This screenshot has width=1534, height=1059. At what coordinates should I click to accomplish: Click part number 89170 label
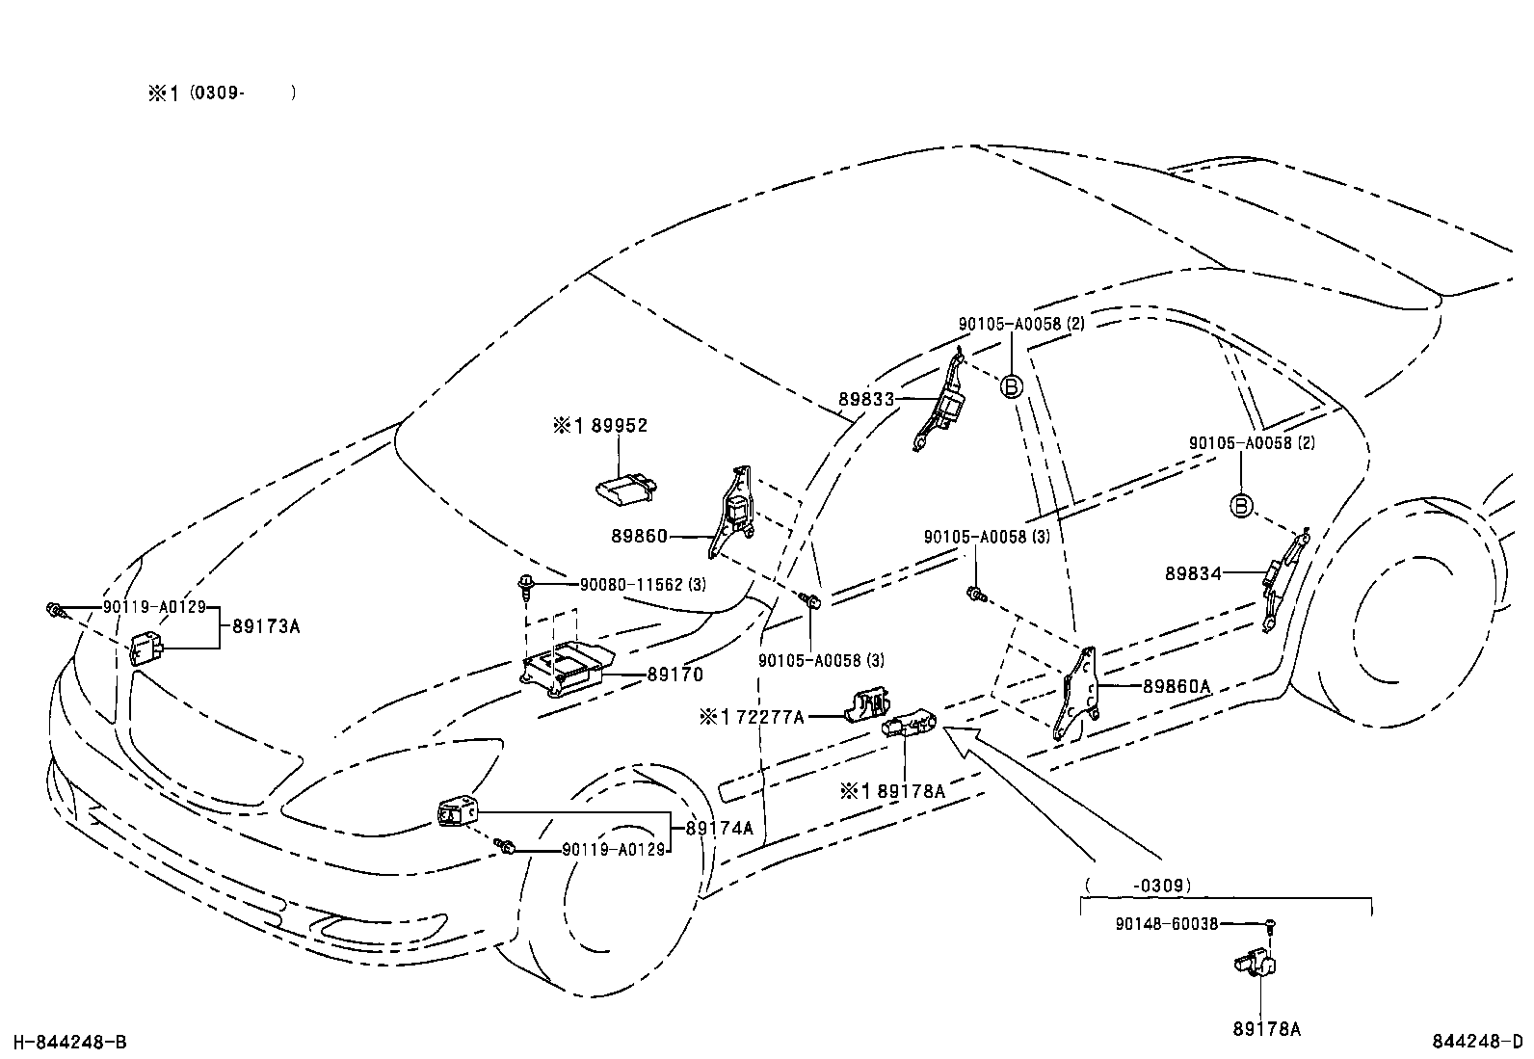[674, 675]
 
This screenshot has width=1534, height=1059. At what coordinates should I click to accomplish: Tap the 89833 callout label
[866, 399]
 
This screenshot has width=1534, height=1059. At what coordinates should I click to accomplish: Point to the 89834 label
[1193, 573]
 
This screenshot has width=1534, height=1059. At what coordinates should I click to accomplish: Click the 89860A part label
[1176, 687]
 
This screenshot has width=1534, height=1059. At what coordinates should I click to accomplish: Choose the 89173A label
[266, 626]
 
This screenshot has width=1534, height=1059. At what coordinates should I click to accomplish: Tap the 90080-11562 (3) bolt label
[644, 585]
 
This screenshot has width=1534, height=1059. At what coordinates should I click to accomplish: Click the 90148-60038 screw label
[1166, 924]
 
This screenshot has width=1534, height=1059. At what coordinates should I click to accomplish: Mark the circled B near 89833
[1011, 386]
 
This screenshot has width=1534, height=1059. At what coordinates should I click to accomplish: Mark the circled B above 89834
[1241, 506]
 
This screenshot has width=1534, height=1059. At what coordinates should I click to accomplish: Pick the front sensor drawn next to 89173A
[146, 649]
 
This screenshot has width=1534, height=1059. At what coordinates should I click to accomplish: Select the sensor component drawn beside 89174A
[457, 812]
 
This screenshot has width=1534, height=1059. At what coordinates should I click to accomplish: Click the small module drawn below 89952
[623, 489]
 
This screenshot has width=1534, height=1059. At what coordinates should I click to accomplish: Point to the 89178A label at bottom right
[1266, 1030]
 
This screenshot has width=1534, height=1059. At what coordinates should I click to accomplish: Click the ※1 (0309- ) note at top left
[221, 93]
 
